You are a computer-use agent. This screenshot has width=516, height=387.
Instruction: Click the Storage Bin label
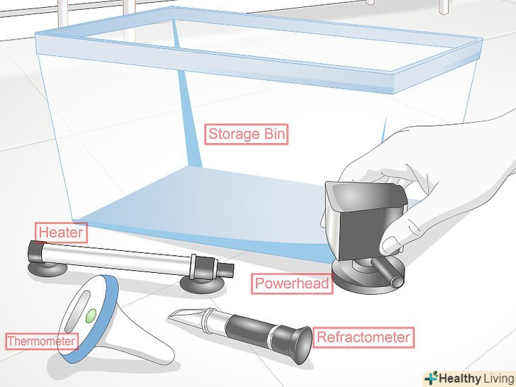246,134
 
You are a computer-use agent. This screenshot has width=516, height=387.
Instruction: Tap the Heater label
61,232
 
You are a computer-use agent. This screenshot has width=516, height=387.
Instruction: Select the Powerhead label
292,284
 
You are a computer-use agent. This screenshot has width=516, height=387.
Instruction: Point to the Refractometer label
364,337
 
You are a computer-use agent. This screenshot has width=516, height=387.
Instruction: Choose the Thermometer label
42,341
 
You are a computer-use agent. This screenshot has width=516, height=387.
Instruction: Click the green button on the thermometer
91,315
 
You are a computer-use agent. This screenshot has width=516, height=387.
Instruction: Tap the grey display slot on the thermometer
77,312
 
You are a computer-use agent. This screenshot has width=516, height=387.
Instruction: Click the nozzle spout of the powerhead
388,272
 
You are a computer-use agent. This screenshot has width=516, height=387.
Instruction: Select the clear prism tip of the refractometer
185,317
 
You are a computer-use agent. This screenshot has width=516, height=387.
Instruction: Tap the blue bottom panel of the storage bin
204,207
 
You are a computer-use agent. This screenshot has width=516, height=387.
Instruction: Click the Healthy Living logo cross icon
432,378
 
